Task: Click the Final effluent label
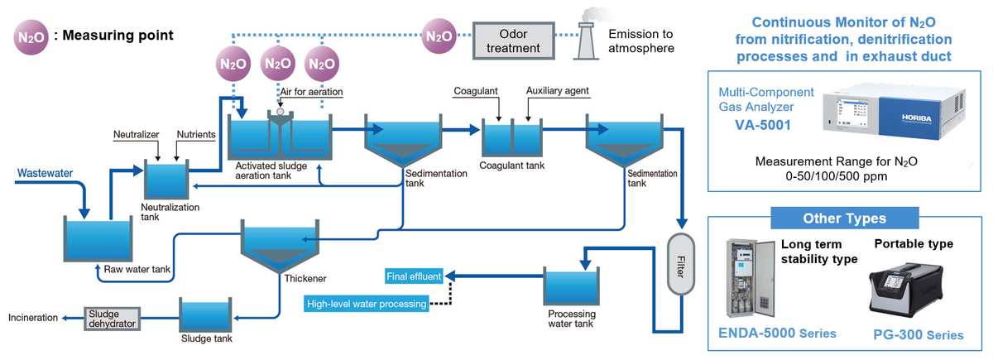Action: pos(413,276)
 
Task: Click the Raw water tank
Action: pos(98,239)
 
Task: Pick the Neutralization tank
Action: pos(167,180)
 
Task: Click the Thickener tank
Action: pos(279,241)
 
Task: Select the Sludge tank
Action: pos(206,315)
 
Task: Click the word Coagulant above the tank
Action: pos(475,90)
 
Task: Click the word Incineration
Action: pos(33,317)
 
